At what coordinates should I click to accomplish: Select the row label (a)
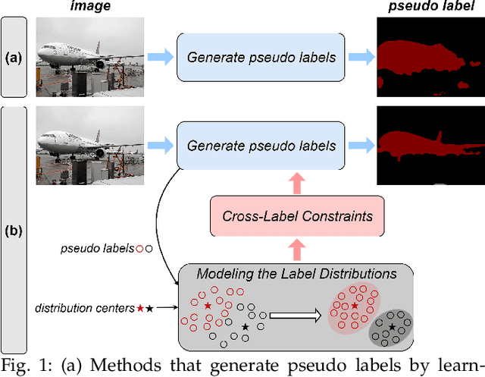[x=14, y=57]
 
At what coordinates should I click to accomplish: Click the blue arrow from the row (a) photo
[x=159, y=57]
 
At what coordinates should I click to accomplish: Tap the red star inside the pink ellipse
[x=354, y=305]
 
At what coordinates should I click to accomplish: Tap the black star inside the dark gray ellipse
[x=392, y=326]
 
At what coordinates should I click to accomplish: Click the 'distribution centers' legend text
[x=83, y=308]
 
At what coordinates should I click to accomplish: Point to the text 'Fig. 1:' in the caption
[x=23, y=369]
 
